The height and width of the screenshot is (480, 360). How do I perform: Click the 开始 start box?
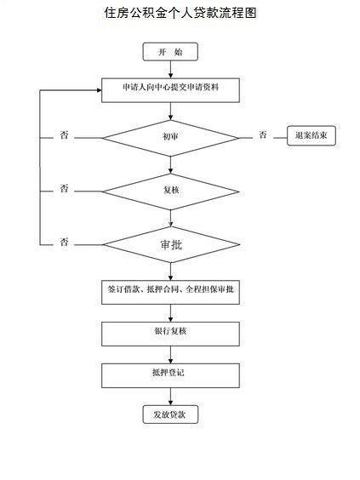pos(170,52)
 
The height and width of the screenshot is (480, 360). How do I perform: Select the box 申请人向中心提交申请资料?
pos(170,90)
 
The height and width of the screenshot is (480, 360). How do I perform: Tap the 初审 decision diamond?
pos(170,138)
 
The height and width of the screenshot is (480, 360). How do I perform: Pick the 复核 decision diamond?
pos(170,191)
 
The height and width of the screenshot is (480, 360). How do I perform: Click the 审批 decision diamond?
pos(171,244)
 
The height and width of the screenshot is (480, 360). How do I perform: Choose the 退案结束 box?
pos(311,135)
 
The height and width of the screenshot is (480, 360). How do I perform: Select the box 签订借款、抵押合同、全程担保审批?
pos(170,292)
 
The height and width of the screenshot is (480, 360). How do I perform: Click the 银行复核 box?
pos(170,334)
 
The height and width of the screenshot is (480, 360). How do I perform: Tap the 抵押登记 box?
pos(170,375)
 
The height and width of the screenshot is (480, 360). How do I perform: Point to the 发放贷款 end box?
pos(170,414)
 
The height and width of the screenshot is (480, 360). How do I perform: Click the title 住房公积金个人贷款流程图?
pos(180,13)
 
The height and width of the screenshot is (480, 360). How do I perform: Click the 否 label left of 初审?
pos(64,134)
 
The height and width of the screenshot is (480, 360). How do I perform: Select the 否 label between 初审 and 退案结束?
pos(263,134)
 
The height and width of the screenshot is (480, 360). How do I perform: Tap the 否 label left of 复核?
pos(64,188)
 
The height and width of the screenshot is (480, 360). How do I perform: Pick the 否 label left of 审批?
pos(64,242)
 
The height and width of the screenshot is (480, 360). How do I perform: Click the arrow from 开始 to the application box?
pos(170,70)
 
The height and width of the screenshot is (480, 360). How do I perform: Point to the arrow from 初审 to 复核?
pos(170,165)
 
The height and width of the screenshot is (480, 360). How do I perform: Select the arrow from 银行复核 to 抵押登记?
pos(170,355)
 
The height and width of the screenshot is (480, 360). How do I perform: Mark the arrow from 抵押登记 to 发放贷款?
pos(170,397)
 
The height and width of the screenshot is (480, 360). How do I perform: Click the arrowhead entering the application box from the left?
pos(99,90)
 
